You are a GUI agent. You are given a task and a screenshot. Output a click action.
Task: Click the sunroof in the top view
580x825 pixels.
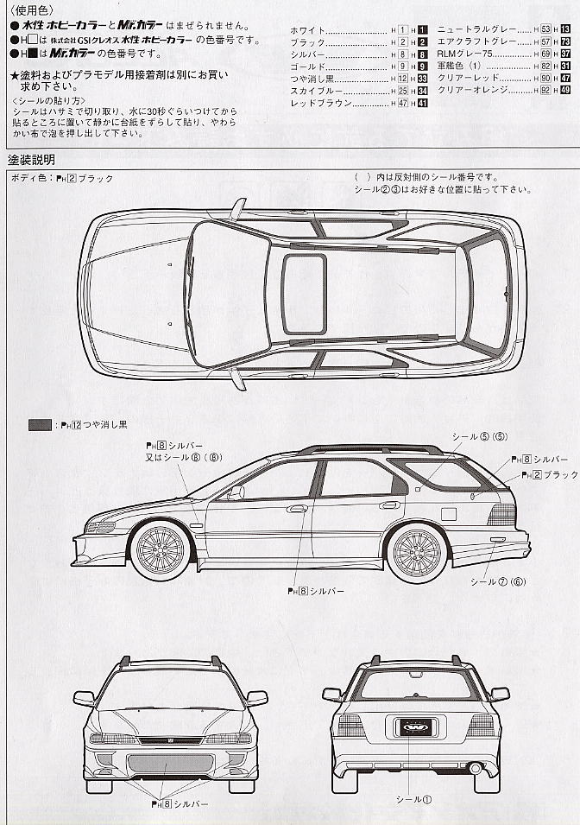click(x=305, y=294)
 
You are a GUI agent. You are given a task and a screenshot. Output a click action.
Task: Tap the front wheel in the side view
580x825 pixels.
click(x=161, y=547)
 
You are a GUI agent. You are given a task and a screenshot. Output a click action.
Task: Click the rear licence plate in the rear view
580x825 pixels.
click(x=415, y=726)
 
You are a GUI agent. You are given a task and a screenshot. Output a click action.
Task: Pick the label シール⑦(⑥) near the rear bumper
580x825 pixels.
click(x=497, y=581)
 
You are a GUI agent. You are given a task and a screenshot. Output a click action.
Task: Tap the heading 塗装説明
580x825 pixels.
click(x=32, y=160)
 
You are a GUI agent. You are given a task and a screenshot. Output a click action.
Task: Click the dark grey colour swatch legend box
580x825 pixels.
click(x=40, y=424)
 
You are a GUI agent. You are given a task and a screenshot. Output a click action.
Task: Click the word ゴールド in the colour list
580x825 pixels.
click(x=309, y=67)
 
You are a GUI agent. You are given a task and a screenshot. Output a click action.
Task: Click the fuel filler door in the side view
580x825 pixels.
click(x=448, y=513)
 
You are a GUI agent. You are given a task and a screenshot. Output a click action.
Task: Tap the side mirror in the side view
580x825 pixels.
click(x=235, y=493)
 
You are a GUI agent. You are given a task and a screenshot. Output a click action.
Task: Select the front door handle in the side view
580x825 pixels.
click(x=298, y=509)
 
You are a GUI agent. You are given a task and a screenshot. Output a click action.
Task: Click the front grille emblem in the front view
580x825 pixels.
click(x=170, y=739)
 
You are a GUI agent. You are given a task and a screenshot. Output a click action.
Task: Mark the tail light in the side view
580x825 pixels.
click(x=501, y=515)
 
